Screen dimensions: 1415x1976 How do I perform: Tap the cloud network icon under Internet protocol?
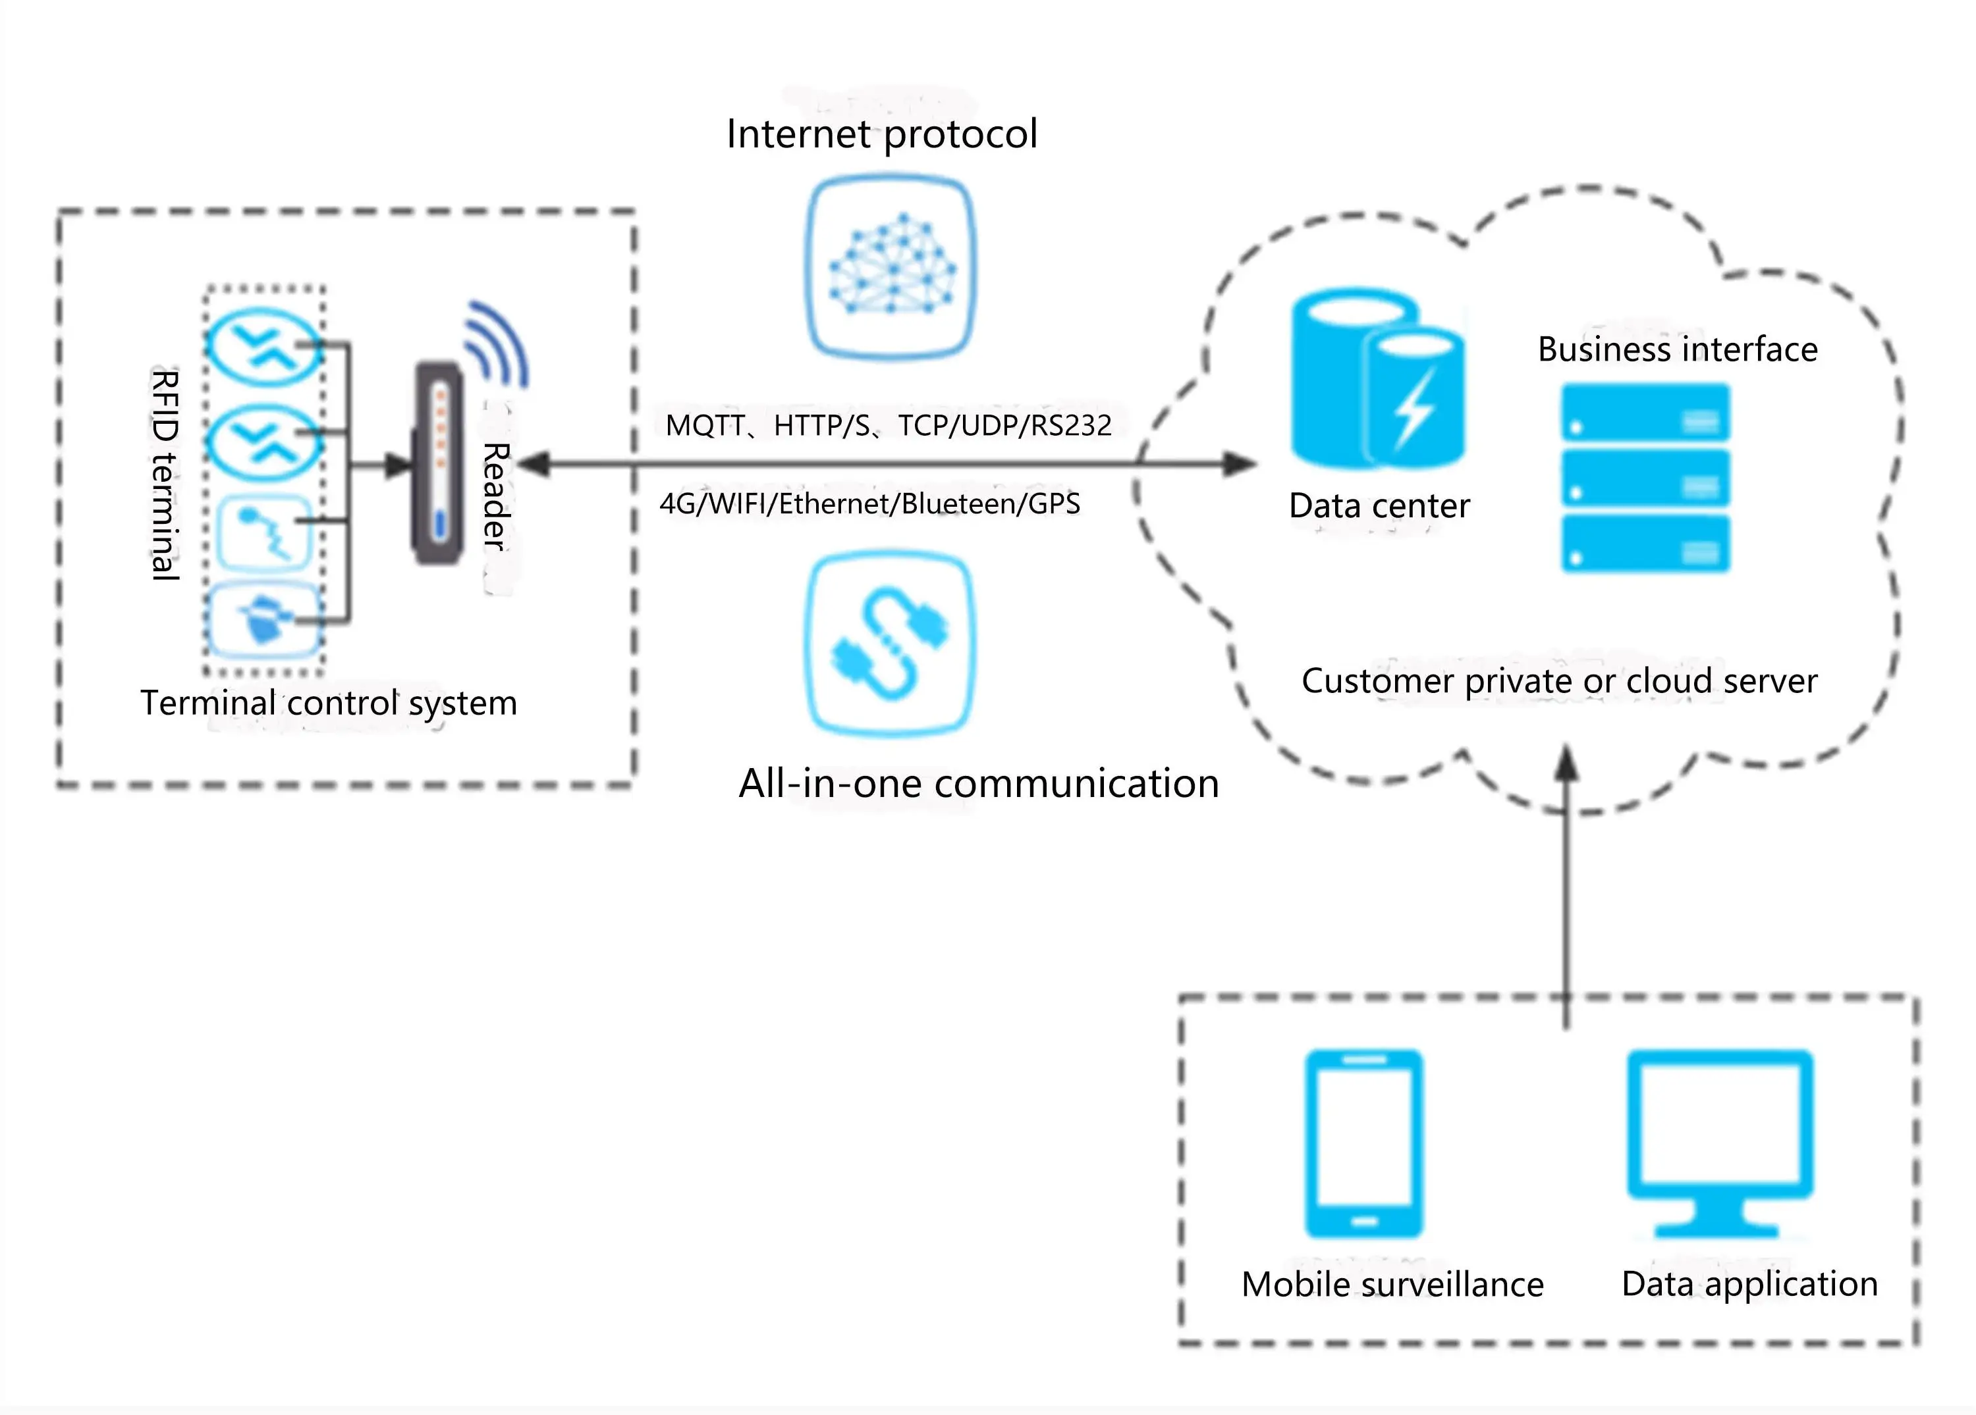coord(890,267)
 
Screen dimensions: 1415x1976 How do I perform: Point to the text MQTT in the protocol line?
coord(704,426)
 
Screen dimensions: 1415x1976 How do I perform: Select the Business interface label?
coord(1677,349)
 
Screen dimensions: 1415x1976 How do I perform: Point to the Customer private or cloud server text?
coord(1558,681)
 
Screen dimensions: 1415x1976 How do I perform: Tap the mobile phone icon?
coord(1363,1143)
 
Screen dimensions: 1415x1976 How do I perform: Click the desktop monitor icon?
coord(1720,1141)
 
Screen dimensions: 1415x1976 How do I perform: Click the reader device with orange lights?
coord(438,463)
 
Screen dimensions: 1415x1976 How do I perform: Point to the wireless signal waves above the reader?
coord(497,345)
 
